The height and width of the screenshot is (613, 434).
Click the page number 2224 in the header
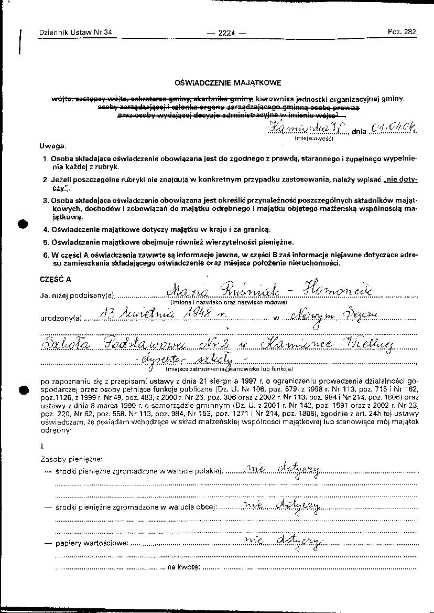pos(226,33)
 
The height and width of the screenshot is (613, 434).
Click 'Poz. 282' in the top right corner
pos(402,31)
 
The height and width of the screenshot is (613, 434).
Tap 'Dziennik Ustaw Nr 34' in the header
pos(75,33)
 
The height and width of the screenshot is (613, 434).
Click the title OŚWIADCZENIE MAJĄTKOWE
pos(228,82)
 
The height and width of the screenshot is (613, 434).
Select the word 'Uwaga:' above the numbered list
pos(51,145)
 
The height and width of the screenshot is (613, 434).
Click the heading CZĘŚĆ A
pos(55,279)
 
